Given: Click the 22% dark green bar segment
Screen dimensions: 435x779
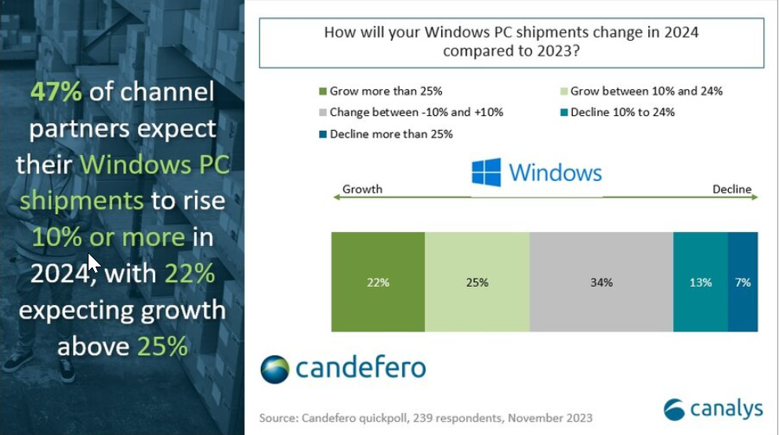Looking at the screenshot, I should click(x=378, y=282).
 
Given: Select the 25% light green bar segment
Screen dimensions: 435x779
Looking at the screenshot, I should click(x=477, y=282).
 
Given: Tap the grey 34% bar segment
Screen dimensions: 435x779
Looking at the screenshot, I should click(x=601, y=282).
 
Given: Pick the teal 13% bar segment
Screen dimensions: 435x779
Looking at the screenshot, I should click(x=701, y=282).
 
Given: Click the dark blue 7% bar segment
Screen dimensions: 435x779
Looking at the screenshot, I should click(x=743, y=282).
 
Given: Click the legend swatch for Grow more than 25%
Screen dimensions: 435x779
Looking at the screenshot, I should click(x=322, y=92).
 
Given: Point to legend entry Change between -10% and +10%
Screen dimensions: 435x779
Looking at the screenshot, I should click(x=416, y=112).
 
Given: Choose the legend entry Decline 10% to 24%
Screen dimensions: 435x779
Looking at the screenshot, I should click(x=622, y=112).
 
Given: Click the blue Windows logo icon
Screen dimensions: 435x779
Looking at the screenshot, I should click(x=486, y=172).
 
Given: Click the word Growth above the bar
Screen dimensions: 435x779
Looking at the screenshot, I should click(x=362, y=189).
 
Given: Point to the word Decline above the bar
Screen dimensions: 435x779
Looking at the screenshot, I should click(x=731, y=189).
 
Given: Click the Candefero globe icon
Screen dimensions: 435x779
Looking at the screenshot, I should click(x=274, y=368).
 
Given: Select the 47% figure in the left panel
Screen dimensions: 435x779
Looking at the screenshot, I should click(x=56, y=92).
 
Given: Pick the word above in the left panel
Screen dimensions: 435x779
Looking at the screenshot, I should click(x=93, y=346).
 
